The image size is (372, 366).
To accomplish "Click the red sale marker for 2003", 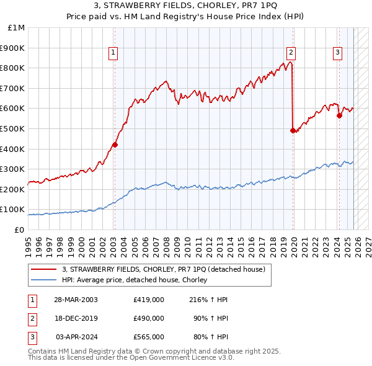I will pyautogui.click(x=115, y=145).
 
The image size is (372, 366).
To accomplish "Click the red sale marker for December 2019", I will pyautogui.click(x=293, y=130).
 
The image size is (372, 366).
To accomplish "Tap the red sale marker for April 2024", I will pyautogui.click(x=339, y=115).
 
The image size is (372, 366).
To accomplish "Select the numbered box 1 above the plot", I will pyautogui.click(x=114, y=53).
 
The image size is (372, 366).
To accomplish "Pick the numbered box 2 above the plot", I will pyautogui.click(x=291, y=53).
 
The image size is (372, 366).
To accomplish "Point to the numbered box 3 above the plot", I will pyautogui.click(x=337, y=53).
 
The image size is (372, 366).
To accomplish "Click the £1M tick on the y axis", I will pyautogui.click(x=17, y=28).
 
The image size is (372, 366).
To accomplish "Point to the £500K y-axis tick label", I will pyautogui.click(x=14, y=128).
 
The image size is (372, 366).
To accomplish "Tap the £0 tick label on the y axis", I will pyautogui.click(x=19, y=230).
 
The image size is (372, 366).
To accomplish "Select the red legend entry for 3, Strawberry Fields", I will pyautogui.click(x=163, y=269).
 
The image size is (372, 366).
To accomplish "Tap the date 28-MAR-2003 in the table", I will pyautogui.click(x=76, y=300).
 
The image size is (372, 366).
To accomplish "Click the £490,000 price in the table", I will pyautogui.click(x=148, y=318).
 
